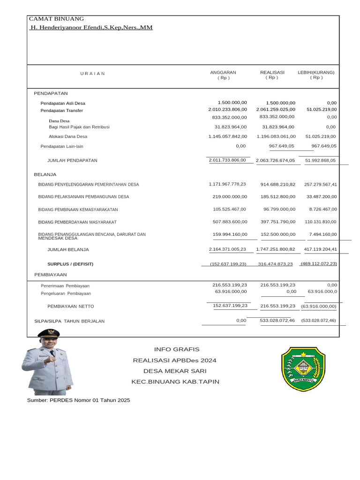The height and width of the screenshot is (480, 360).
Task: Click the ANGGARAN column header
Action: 223,73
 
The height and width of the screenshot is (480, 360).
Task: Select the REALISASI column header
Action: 272,73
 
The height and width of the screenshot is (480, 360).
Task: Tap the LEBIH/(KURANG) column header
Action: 316,73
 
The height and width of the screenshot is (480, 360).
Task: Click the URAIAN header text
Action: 92,74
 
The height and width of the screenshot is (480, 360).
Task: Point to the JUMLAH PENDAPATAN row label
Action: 72,160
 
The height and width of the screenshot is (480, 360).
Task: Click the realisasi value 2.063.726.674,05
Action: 276,160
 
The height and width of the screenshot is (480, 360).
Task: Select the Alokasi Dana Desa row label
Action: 68,136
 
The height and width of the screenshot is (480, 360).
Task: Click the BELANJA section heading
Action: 45,174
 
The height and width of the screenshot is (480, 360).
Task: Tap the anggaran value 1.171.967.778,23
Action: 227,184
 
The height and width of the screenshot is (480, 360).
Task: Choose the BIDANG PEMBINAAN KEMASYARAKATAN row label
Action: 78,210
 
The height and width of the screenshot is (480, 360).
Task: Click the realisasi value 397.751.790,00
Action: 278,222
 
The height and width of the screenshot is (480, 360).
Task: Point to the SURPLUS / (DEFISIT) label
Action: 70,264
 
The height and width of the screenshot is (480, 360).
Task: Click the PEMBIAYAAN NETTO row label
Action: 71,306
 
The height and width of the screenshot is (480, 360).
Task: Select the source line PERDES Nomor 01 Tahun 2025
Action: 78,400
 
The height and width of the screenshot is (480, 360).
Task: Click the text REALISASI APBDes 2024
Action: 175,360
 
